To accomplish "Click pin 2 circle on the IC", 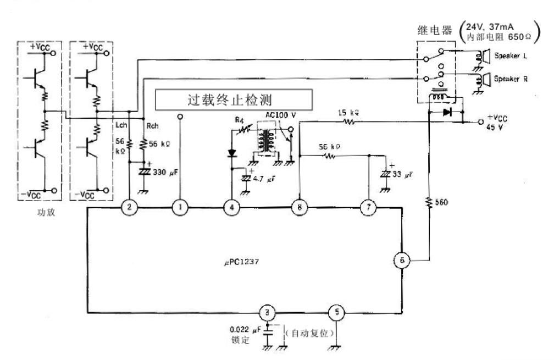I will tap(129, 208).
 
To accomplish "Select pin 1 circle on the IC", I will tap(180, 208).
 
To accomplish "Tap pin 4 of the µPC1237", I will tap(232, 208).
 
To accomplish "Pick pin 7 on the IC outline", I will tap(368, 208).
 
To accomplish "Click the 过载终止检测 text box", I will tap(235, 101).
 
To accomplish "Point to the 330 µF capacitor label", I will tap(167, 173).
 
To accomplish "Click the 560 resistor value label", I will tap(441, 202).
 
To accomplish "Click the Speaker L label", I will tap(511, 57).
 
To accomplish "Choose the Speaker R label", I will tap(511, 79).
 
